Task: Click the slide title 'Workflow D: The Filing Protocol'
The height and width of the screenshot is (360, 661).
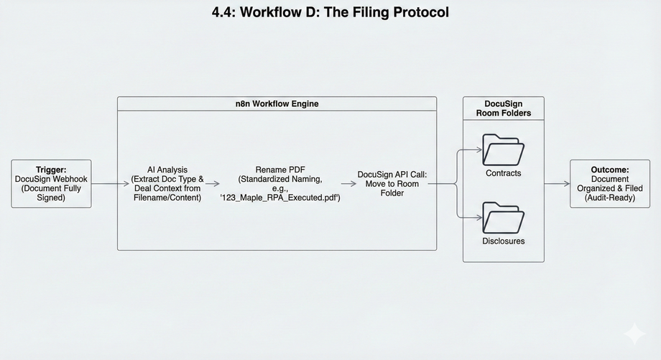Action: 330,12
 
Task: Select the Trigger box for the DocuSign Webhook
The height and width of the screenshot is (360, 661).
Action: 51,184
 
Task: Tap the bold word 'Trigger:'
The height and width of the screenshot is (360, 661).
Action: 51,170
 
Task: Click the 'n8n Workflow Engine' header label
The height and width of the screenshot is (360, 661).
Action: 277,103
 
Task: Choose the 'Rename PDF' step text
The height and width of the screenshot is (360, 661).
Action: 280,170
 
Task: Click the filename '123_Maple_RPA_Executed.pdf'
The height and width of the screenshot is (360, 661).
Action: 280,197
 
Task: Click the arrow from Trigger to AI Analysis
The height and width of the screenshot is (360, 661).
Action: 110,184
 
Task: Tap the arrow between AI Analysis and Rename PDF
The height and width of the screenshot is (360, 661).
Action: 212,184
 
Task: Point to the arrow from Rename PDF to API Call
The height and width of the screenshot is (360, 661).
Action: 348,184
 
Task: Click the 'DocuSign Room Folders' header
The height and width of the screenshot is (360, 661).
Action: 503,108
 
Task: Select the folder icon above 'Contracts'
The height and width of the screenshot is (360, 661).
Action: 504,149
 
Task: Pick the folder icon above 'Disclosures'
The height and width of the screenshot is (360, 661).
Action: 504,217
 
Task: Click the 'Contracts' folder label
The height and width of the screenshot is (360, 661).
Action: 504,173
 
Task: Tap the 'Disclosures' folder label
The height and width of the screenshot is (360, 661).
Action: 504,241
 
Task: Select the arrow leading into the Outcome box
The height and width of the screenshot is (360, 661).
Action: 557,184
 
